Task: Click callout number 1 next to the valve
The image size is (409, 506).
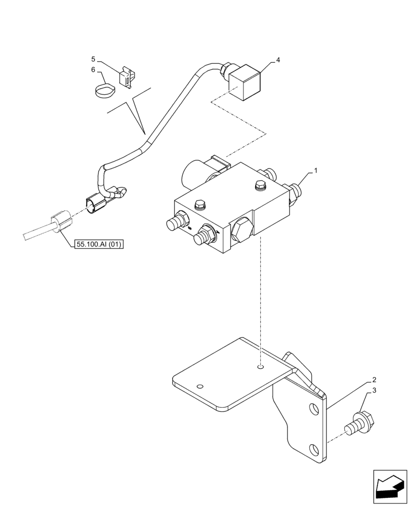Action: pos(316,172)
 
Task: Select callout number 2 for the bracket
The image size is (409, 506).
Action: pos(374,379)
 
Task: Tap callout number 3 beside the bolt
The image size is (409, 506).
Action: pos(374,391)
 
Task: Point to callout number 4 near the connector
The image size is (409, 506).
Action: pos(277,60)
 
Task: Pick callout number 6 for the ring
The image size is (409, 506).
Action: pos(93,69)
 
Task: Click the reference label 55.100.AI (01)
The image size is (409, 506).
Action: pos(99,244)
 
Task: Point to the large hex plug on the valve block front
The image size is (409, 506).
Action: pos(241,231)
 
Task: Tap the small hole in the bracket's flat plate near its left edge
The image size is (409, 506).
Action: pos(201,387)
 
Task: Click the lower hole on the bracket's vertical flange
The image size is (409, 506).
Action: pos(314,449)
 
